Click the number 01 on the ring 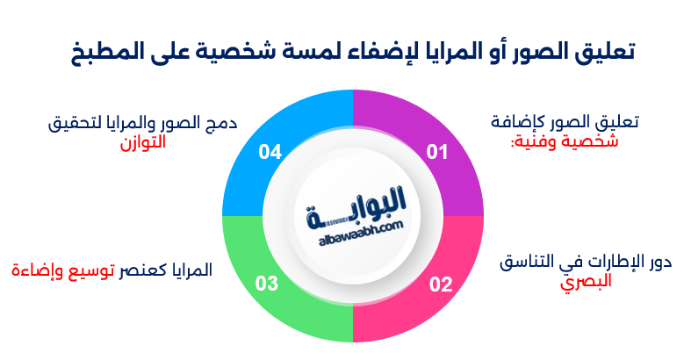436,153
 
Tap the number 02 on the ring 440,284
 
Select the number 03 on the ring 267,284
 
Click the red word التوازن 142,143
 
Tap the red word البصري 587,282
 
